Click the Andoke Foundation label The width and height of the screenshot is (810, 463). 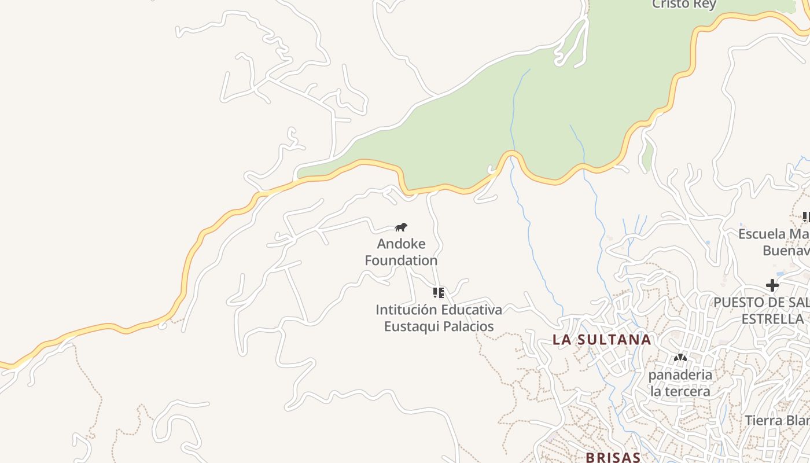point(401,252)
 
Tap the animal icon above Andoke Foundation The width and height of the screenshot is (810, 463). point(401,227)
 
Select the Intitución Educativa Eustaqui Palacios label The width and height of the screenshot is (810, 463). point(439,318)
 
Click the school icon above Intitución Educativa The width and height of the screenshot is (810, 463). point(439,293)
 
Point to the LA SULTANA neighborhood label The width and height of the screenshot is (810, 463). point(602,340)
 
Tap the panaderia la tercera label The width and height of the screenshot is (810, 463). point(680,383)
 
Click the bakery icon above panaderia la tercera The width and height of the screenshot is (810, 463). point(680,358)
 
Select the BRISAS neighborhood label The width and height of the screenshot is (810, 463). point(613,457)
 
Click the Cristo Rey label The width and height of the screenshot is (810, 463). point(684,5)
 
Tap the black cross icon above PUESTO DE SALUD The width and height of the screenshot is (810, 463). point(772,285)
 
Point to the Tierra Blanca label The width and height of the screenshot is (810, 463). point(776,420)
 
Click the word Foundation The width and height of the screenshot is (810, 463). point(401,260)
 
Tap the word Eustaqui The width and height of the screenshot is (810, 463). point(410,326)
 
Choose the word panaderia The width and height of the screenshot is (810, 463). point(680,374)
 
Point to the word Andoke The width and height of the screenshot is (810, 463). point(401,244)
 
